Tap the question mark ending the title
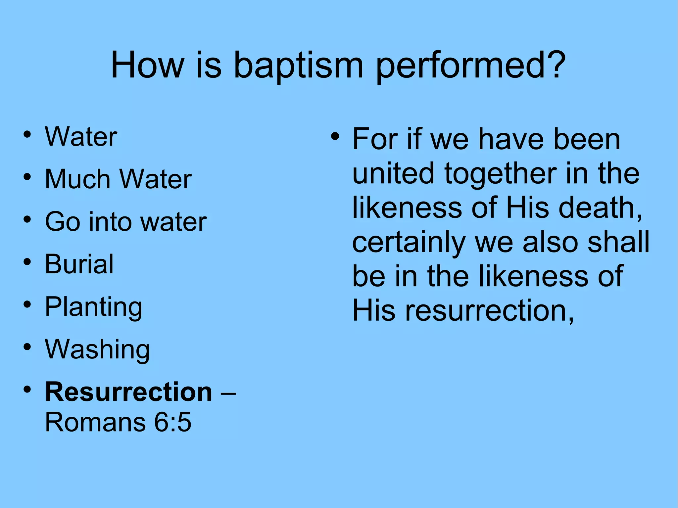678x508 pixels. coord(553,65)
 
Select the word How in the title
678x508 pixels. coord(147,65)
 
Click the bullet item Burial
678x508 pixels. coord(79,264)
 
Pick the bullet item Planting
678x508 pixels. coord(94,307)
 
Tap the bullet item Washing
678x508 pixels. coord(97,349)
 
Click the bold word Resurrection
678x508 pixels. coord(128,392)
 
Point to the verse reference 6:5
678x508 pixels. coord(173,423)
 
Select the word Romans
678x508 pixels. coord(95,423)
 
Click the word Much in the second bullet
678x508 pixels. coord(77,179)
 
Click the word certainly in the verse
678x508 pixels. coord(409,243)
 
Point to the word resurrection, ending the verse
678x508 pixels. coord(490,311)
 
